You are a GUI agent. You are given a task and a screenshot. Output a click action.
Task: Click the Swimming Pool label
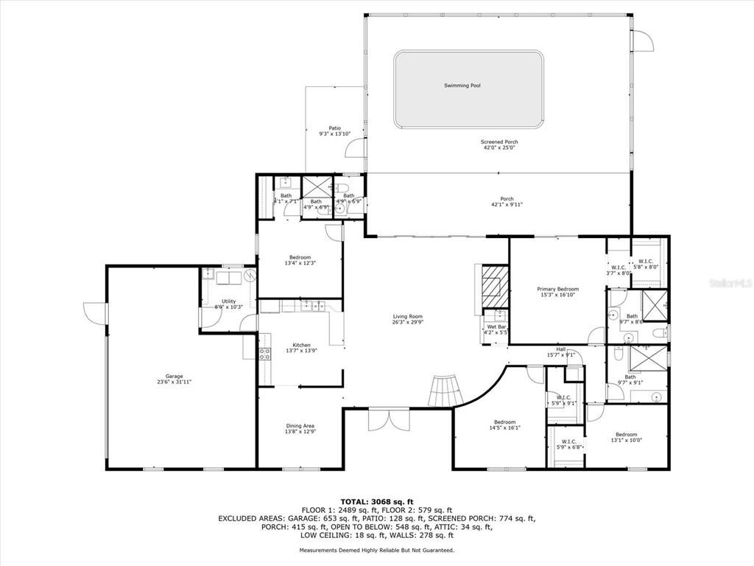462,85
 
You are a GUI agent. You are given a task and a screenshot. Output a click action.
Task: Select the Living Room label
407,317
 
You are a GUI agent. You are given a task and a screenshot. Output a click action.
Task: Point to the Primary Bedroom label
557,290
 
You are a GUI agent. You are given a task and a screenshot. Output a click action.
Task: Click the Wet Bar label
496,327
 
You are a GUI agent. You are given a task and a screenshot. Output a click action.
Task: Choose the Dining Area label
300,425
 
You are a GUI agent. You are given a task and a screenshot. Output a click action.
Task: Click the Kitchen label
301,345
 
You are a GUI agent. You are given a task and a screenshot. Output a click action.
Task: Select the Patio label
334,128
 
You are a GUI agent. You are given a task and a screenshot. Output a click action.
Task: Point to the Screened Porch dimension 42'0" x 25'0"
499,148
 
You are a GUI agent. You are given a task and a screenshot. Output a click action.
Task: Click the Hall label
560,349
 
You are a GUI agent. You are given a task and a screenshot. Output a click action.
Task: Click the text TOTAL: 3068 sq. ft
376,501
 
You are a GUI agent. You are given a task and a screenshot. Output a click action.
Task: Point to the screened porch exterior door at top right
643,41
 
